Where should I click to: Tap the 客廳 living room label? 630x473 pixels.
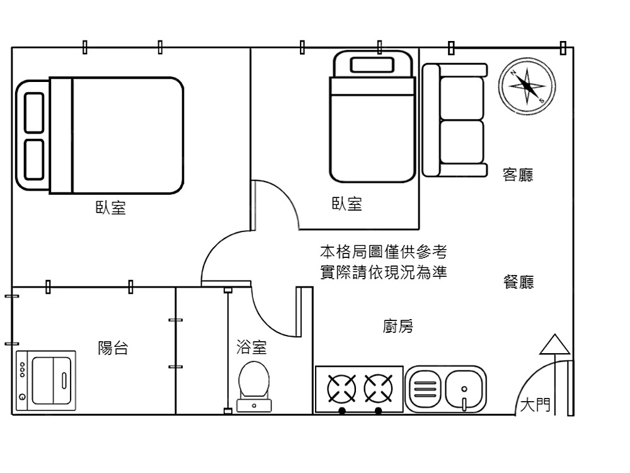(x=518, y=175)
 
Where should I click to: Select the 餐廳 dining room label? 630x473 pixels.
(x=518, y=283)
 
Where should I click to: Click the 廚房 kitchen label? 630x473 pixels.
(x=398, y=327)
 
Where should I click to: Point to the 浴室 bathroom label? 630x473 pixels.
(x=251, y=346)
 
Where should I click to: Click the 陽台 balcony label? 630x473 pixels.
(x=113, y=347)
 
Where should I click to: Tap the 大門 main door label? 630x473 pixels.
(x=535, y=405)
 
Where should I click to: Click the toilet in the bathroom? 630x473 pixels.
(x=254, y=382)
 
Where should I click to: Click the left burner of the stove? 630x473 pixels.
(x=341, y=388)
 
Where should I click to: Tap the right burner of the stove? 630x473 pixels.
(x=378, y=388)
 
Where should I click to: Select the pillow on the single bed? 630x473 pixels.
(x=372, y=64)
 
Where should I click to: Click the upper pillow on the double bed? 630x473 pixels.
(x=34, y=112)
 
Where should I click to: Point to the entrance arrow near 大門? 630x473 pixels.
(x=554, y=346)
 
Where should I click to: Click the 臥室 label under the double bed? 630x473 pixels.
(x=111, y=208)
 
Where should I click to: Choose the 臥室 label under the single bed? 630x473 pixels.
(x=347, y=204)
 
